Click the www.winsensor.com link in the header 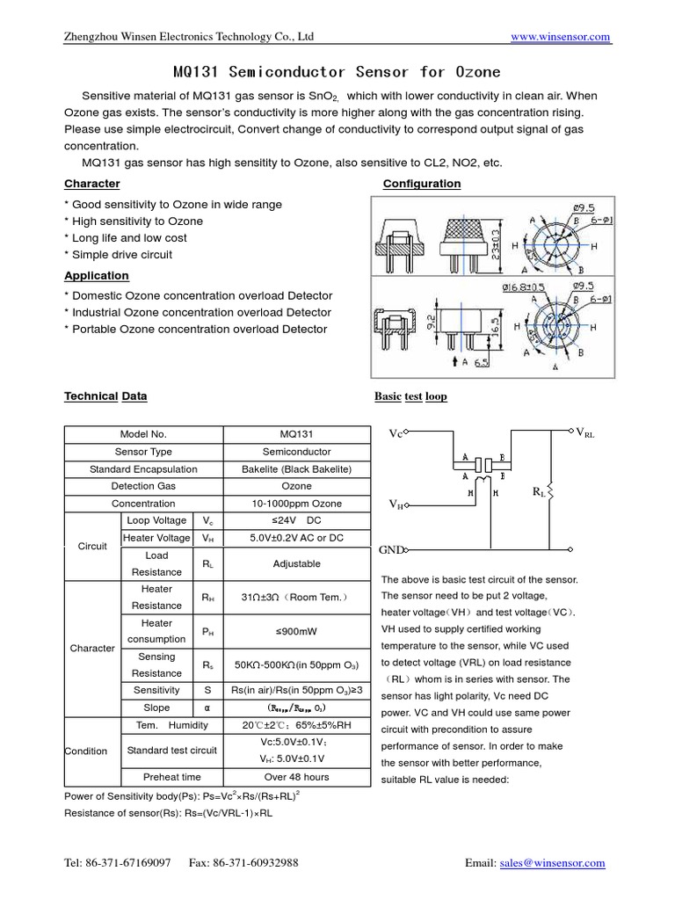coord(560,36)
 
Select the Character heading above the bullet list coord(92,184)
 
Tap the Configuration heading coord(422,184)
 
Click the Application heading coord(97,275)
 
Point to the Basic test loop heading coord(410,396)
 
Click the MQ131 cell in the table coord(296,434)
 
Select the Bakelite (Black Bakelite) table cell coord(296,469)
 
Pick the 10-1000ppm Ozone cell coord(296,504)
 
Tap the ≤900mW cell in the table coord(296,630)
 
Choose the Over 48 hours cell coord(296,777)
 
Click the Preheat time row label coord(171,777)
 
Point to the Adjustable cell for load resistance coord(296,563)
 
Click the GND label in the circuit coord(390,549)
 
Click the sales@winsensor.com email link coord(552,863)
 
